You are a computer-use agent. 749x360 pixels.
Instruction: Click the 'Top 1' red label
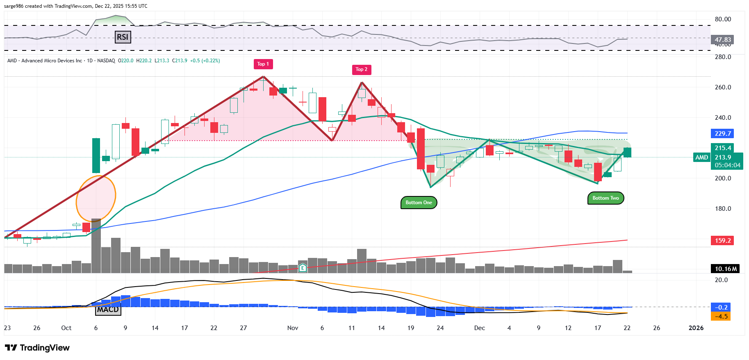263,64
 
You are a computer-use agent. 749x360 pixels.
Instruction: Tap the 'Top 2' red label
361,70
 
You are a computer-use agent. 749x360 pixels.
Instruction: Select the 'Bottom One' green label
419,203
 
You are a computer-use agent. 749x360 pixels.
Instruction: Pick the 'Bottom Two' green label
606,198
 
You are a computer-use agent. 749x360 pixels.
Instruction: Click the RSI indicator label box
123,37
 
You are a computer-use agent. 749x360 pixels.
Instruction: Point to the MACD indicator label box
108,310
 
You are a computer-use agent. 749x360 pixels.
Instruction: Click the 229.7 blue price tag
722,134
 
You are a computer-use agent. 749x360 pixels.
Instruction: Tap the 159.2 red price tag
722,241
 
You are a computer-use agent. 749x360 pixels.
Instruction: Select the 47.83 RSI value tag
722,40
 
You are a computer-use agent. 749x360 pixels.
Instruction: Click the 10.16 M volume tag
725,269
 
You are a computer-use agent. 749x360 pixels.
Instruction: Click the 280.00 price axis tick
723,57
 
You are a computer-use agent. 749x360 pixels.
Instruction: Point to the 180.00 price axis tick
723,209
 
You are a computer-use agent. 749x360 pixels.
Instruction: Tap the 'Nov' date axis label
293,328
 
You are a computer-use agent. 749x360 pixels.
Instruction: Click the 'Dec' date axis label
479,328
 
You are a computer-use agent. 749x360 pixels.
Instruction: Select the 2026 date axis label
696,328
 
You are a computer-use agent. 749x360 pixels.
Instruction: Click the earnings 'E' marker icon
303,268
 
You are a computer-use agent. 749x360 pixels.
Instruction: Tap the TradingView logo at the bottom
37,348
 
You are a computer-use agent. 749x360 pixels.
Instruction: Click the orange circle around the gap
96,198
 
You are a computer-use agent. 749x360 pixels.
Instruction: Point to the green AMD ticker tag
701,157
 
